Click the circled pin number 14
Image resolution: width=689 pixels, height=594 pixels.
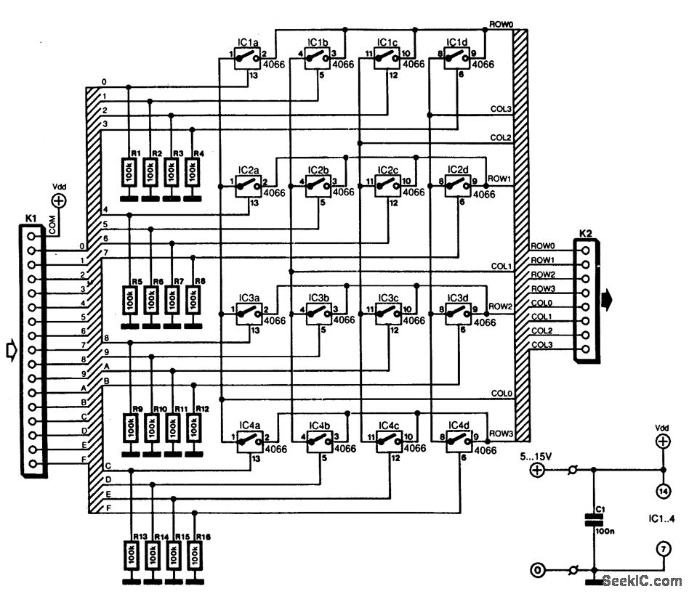(662, 491)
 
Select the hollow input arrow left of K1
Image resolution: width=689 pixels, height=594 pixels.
(10, 351)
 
